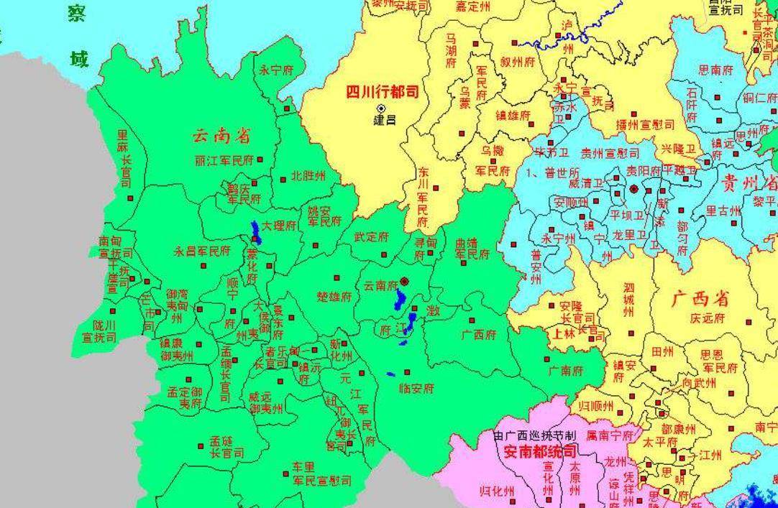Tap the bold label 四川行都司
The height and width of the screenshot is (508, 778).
point(382,92)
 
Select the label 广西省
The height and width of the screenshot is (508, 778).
point(700,298)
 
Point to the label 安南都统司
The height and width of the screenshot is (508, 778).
point(539,452)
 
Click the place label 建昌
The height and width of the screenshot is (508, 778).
point(385,120)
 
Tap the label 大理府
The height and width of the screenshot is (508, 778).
point(279,226)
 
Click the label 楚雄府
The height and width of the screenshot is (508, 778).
point(334,296)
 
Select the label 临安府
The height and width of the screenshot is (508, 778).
point(417,388)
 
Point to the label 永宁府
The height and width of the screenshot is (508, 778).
point(277,70)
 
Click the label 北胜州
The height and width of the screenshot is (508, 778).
point(307,176)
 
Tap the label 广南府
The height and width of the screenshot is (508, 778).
point(564,371)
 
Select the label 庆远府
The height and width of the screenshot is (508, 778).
point(707,318)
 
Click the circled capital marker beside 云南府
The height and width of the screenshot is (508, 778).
point(405,281)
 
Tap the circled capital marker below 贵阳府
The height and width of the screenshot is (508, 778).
point(634,189)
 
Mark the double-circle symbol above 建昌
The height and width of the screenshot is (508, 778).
point(381,108)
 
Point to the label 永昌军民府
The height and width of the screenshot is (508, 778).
point(202,251)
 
